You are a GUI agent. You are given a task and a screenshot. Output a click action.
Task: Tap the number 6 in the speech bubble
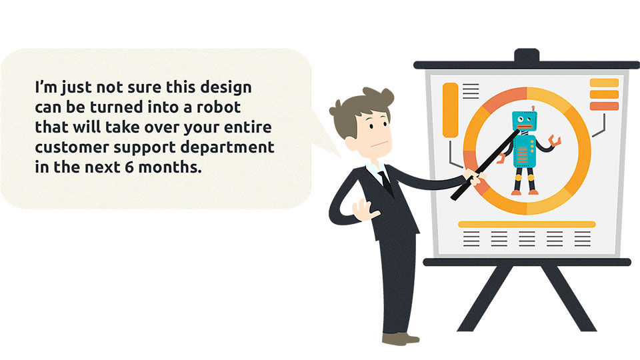click(x=129, y=167)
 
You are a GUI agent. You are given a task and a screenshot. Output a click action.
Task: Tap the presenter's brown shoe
click(x=401, y=339)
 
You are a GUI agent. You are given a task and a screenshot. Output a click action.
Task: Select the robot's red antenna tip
click(x=533, y=108)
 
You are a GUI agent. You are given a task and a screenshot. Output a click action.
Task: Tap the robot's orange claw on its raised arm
click(x=555, y=141)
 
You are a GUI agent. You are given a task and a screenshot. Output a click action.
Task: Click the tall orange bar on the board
click(x=450, y=110)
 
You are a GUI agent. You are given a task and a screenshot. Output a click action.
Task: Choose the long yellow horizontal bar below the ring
click(x=527, y=224)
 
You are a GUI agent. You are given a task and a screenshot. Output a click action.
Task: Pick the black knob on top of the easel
click(x=527, y=55)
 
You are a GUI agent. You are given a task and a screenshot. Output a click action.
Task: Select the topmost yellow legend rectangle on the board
click(x=604, y=83)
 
